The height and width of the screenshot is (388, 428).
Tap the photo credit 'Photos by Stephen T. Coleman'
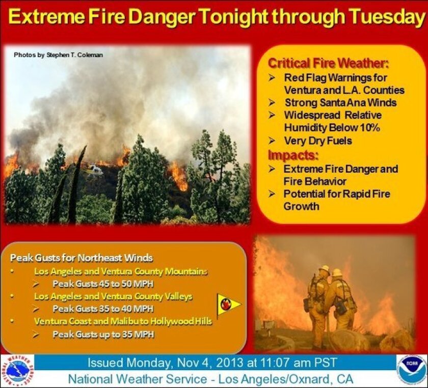click(x=59, y=55)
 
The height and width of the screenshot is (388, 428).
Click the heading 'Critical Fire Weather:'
click(x=328, y=63)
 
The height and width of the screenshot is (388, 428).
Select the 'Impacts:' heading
click(x=293, y=155)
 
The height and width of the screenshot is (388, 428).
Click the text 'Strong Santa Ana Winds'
click(x=341, y=102)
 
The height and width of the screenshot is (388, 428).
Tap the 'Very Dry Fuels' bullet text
click(x=318, y=141)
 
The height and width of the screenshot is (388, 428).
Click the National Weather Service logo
click(x=18, y=372)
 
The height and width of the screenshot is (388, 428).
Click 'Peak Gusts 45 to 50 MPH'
click(x=103, y=284)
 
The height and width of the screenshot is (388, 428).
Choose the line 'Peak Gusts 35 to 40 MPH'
click(x=103, y=309)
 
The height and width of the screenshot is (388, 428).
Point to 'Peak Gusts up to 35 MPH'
click(x=103, y=334)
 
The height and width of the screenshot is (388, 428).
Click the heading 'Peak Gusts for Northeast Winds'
click(x=82, y=258)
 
